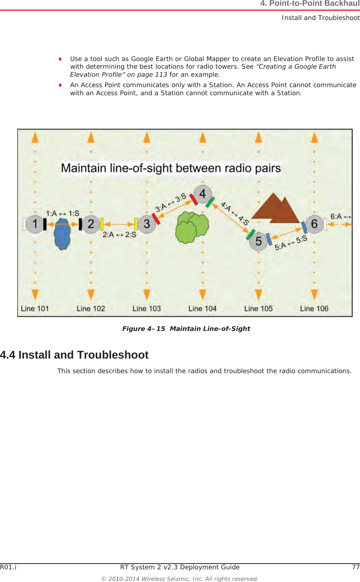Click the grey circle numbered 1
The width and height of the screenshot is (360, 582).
pyautogui.click(x=35, y=223)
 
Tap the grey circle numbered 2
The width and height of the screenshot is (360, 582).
pyautogui.click(x=91, y=223)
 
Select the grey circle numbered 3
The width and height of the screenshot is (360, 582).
pyautogui.click(x=147, y=223)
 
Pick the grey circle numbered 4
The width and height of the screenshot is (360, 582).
pyautogui.click(x=202, y=194)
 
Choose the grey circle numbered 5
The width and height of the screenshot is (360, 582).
pyautogui.click(x=259, y=241)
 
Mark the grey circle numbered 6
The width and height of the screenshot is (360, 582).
pyautogui.click(x=314, y=223)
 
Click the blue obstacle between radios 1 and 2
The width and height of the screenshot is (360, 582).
pyautogui.click(x=62, y=233)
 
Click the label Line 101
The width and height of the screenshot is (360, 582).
pyautogui.click(x=35, y=309)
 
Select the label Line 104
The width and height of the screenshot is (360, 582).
pyautogui.click(x=202, y=309)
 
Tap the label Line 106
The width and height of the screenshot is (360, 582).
pyautogui.click(x=314, y=309)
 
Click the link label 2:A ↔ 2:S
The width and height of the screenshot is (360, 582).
pyautogui.click(x=119, y=235)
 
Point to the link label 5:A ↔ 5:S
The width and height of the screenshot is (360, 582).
pyautogui.click(x=291, y=243)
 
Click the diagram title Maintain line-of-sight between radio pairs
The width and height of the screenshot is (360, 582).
pyautogui.click(x=171, y=168)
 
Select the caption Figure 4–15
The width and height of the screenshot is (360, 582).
pyautogui.click(x=144, y=329)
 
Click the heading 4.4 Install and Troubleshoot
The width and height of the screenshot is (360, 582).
pyautogui.click(x=74, y=355)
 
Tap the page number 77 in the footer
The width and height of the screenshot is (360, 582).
pyautogui.click(x=356, y=567)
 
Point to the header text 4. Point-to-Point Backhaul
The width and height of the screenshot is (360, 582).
pyautogui.click(x=310, y=4)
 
